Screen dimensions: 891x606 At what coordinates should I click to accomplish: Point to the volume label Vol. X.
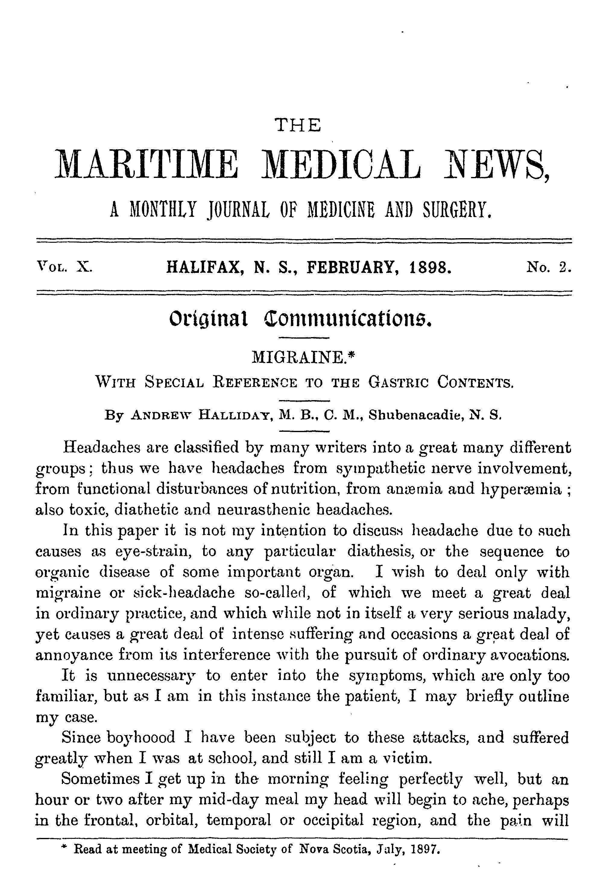tap(64, 266)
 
